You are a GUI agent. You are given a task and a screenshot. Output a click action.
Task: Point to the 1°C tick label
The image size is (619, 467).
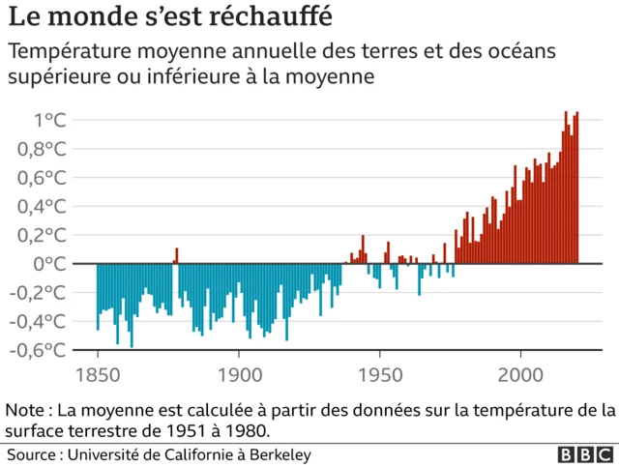49,121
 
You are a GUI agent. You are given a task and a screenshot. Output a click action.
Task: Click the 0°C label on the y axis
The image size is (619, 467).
49,264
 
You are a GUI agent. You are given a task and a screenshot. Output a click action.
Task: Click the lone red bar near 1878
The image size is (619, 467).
176,256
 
